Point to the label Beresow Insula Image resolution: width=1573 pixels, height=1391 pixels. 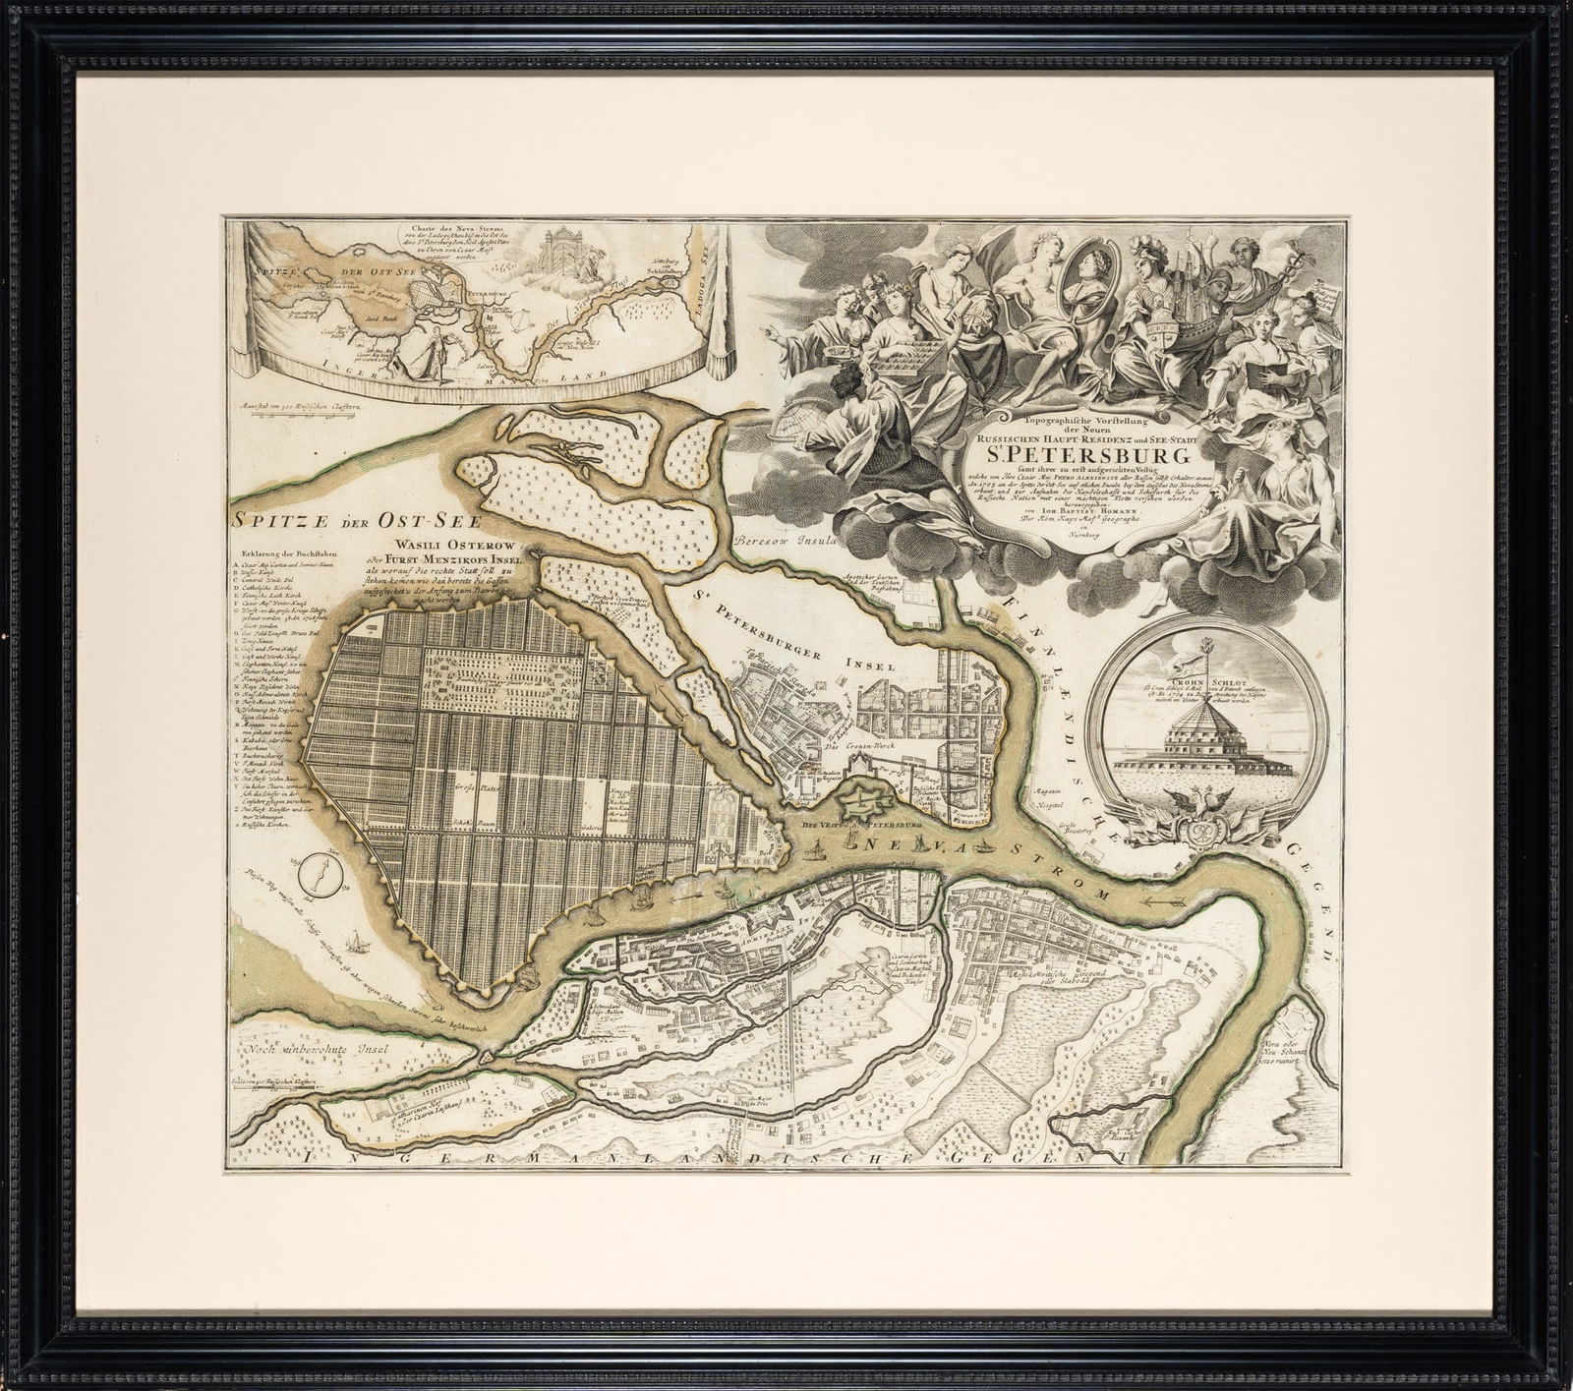coord(783,541)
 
